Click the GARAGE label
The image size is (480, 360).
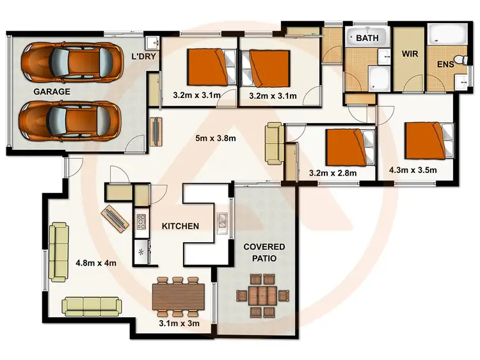[x=52, y=91]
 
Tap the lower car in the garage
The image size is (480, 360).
[x=70, y=120]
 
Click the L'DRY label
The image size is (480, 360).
[x=144, y=57]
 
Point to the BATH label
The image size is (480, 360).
[x=367, y=38]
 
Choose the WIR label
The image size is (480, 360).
[x=410, y=54]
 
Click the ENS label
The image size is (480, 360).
[x=445, y=64]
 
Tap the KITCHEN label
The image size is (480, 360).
[x=180, y=226]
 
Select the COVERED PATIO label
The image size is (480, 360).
[x=264, y=254]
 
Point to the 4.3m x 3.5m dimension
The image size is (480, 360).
[x=413, y=170]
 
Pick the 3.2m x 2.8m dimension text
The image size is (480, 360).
[x=332, y=172]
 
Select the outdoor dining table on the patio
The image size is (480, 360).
[x=264, y=295]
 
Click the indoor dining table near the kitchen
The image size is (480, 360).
[x=178, y=296]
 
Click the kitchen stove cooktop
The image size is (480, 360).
[x=141, y=222]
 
